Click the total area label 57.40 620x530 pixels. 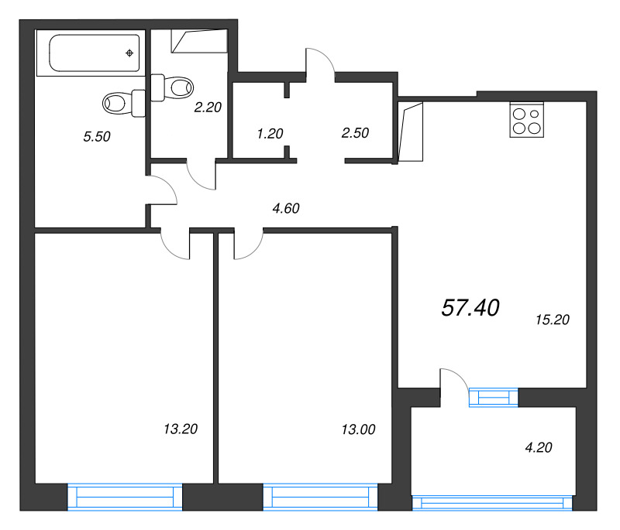click(x=470, y=308)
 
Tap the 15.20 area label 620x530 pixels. click(x=553, y=320)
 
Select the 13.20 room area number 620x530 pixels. click(x=181, y=429)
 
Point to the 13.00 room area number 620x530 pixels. click(x=358, y=429)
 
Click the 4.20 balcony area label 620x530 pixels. click(x=539, y=447)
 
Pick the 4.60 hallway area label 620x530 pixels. click(x=286, y=208)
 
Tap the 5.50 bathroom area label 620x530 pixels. click(x=97, y=136)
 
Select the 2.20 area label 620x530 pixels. click(x=208, y=108)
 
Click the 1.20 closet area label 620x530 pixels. click(x=270, y=134)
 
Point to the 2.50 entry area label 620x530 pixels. click(x=355, y=133)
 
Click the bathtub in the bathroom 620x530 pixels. click(x=91, y=53)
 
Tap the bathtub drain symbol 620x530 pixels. click(x=129, y=53)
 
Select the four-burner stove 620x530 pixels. click(x=527, y=120)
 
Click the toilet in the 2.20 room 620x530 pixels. click(x=171, y=87)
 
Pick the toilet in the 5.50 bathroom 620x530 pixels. click(x=124, y=104)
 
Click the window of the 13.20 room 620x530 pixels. click(x=125, y=497)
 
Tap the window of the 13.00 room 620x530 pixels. click(x=320, y=497)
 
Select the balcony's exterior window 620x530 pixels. click(x=492, y=503)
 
